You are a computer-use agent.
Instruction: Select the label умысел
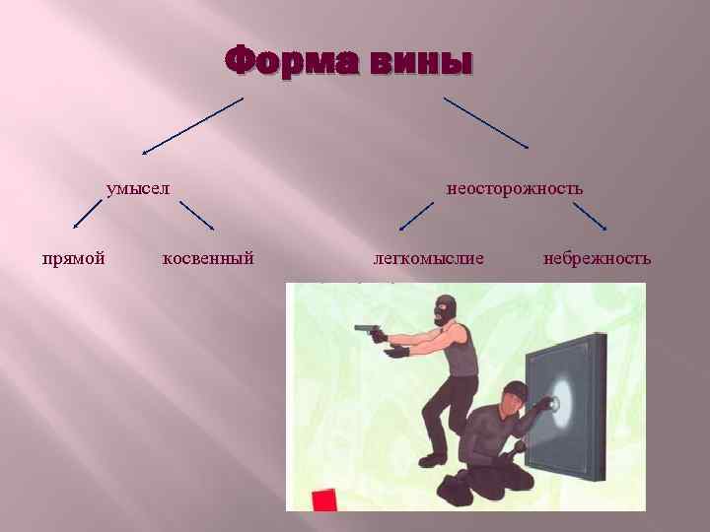click(139, 187)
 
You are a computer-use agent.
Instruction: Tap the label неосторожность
click(515, 187)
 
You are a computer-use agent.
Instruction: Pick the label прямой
click(74, 258)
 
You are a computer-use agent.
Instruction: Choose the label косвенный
click(208, 258)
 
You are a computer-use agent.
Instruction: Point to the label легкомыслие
click(429, 258)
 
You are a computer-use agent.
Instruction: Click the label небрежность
click(597, 258)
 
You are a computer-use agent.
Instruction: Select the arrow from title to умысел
click(191, 126)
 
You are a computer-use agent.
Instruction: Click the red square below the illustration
click(324, 499)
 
